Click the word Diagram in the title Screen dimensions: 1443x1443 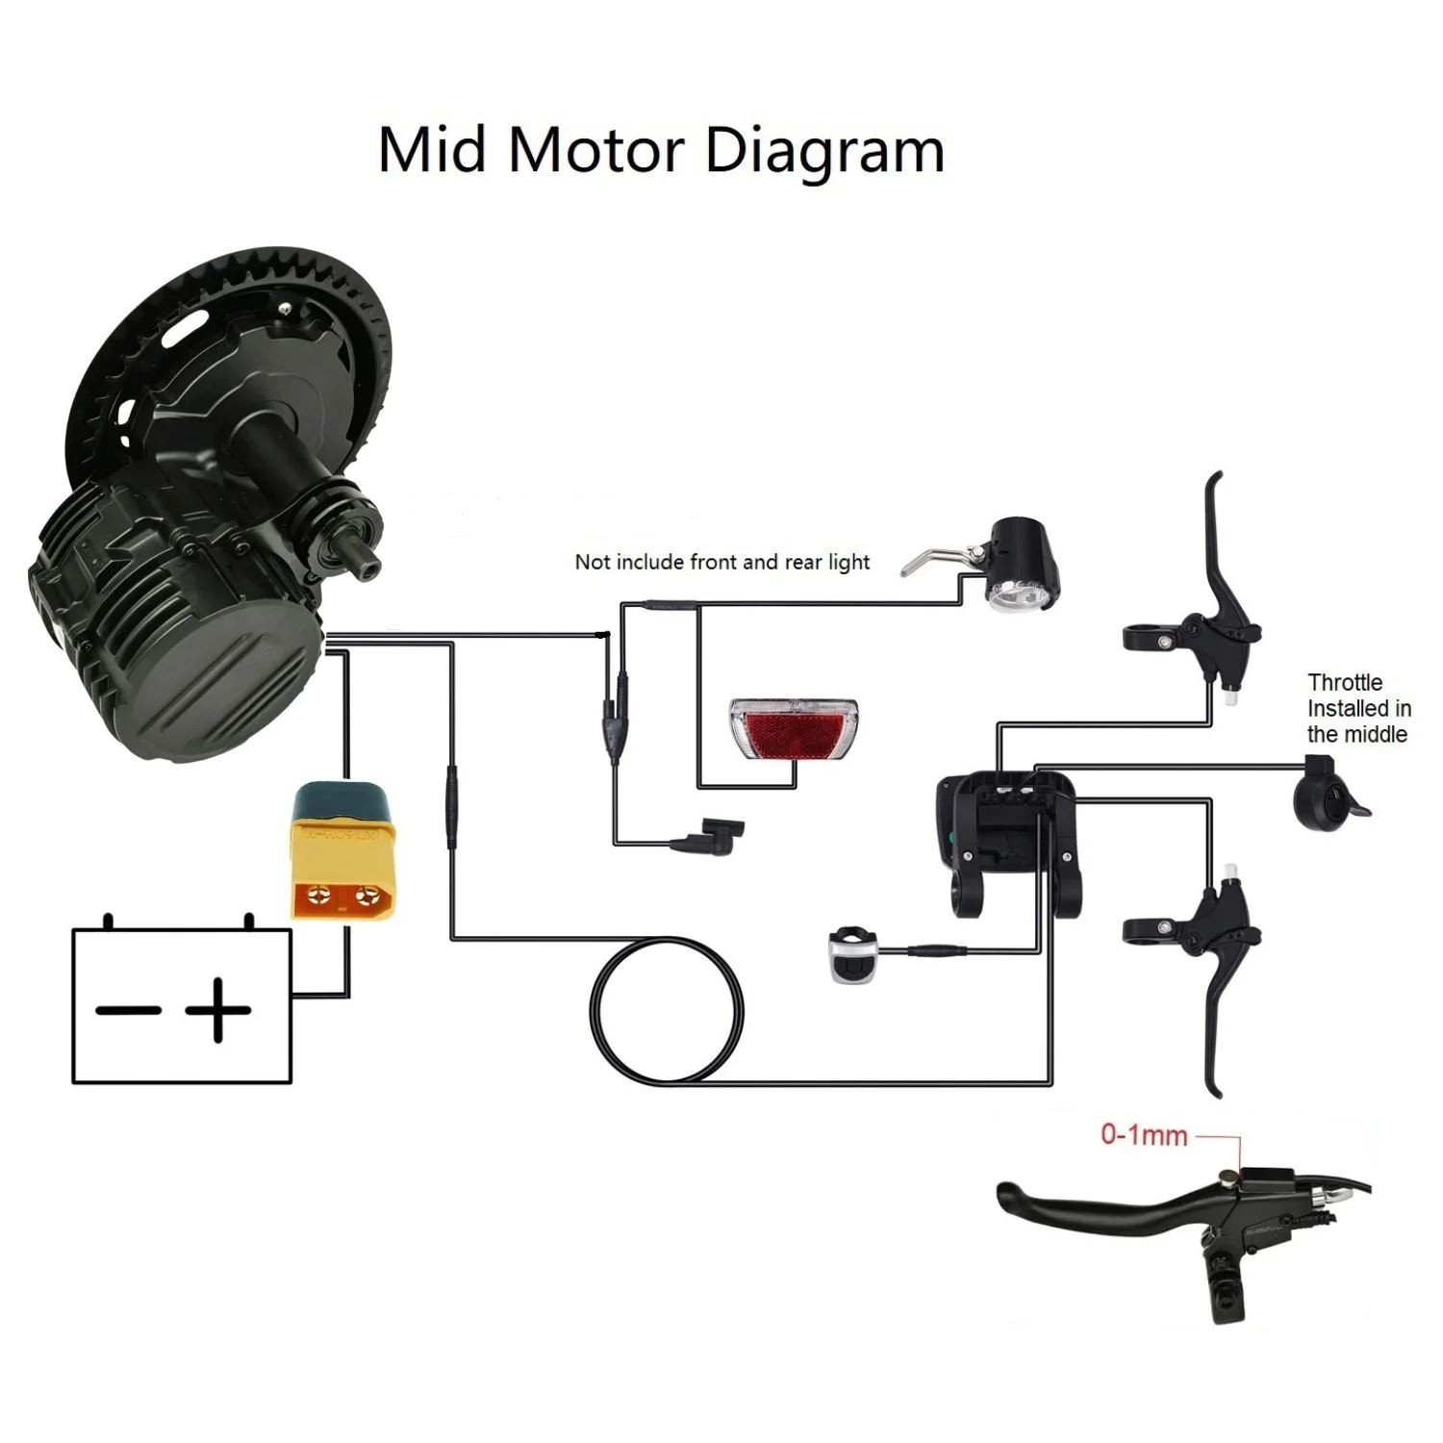pyautogui.click(x=824, y=151)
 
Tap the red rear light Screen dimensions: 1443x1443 pyautogui.click(x=795, y=728)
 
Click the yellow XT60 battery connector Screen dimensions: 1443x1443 pyautogui.click(x=341, y=849)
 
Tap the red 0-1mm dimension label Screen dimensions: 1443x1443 pyautogui.click(x=1144, y=1135)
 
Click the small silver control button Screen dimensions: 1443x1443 pyautogui.click(x=850, y=954)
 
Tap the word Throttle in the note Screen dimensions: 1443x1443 pyautogui.click(x=1345, y=682)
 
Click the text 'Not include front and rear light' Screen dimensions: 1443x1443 pyautogui.click(x=721, y=562)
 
